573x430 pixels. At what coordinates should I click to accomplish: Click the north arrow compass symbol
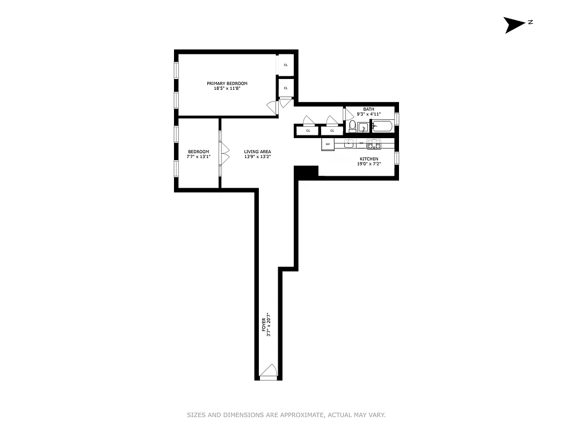[514, 25]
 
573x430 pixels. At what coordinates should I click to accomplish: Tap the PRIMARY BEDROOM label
[227, 83]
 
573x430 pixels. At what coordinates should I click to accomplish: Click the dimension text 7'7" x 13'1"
[199, 156]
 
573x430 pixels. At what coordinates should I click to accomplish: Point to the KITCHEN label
[369, 159]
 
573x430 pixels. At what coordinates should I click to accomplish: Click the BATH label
[368, 109]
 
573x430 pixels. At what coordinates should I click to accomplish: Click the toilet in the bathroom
[352, 127]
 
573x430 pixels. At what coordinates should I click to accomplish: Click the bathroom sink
[364, 128]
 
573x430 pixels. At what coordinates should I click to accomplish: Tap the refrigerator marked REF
[328, 145]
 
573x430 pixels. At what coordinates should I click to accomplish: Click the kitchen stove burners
[373, 144]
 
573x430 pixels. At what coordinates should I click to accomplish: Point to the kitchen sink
[350, 144]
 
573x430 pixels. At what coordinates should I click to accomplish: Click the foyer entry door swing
[268, 371]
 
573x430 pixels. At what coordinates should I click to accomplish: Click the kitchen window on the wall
[397, 158]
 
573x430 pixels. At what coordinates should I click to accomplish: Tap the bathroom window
[397, 119]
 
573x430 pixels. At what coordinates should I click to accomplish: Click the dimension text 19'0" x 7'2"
[369, 164]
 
